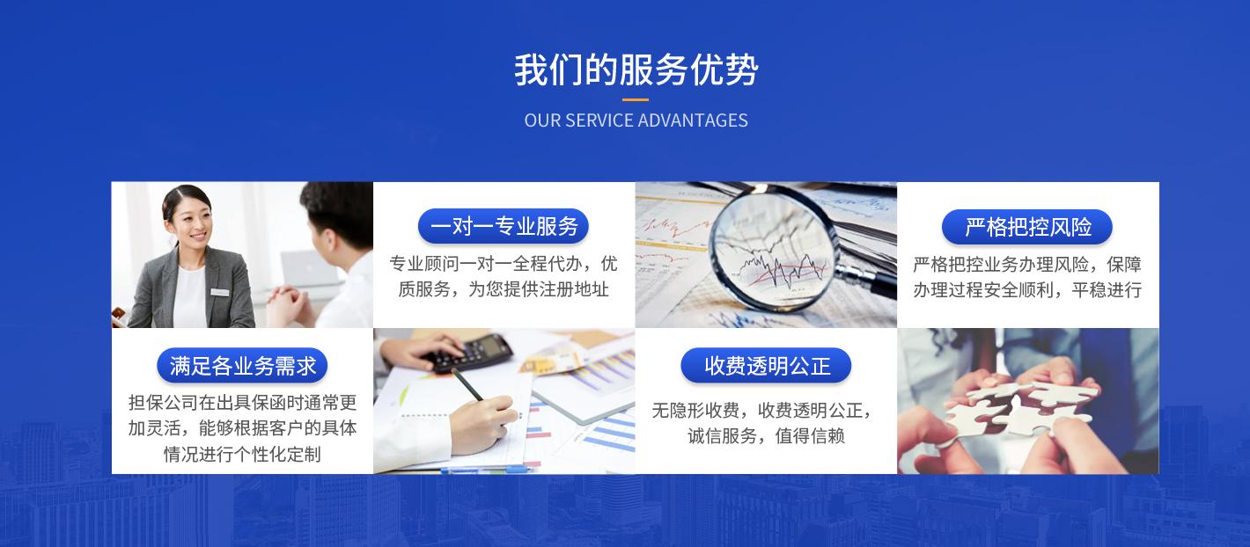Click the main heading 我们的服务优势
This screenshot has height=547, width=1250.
pos(636,70)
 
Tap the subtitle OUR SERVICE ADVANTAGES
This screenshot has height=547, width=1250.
pos(636,120)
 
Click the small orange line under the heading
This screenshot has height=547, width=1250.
pos(636,99)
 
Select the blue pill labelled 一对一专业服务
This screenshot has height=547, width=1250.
pos(504,226)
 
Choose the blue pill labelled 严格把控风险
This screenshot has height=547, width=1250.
pos(1027,227)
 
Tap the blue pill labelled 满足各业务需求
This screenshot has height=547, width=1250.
pos(242,366)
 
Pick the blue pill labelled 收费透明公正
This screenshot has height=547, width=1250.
pos(766,366)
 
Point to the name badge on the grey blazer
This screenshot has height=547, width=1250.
pos(219,292)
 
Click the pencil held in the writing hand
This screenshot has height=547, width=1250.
pos(467,384)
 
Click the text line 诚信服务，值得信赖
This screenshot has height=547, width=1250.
pos(766,436)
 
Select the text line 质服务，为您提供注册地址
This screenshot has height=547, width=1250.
pos(504,289)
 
